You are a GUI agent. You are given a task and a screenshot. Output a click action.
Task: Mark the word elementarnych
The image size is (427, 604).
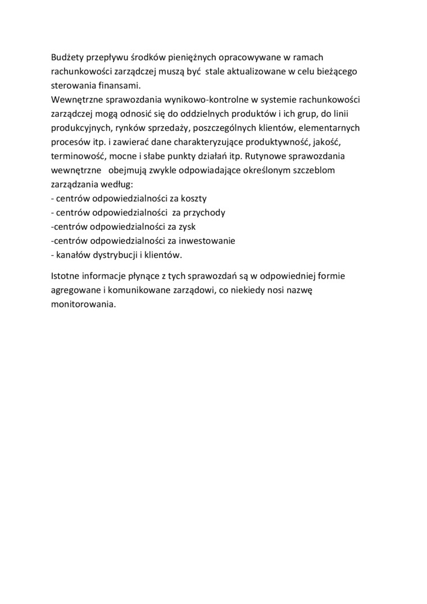tap(332, 128)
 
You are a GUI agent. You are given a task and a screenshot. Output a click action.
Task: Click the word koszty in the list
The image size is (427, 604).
tap(193, 198)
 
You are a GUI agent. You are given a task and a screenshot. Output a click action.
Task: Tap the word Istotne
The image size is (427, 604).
tap(66, 276)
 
